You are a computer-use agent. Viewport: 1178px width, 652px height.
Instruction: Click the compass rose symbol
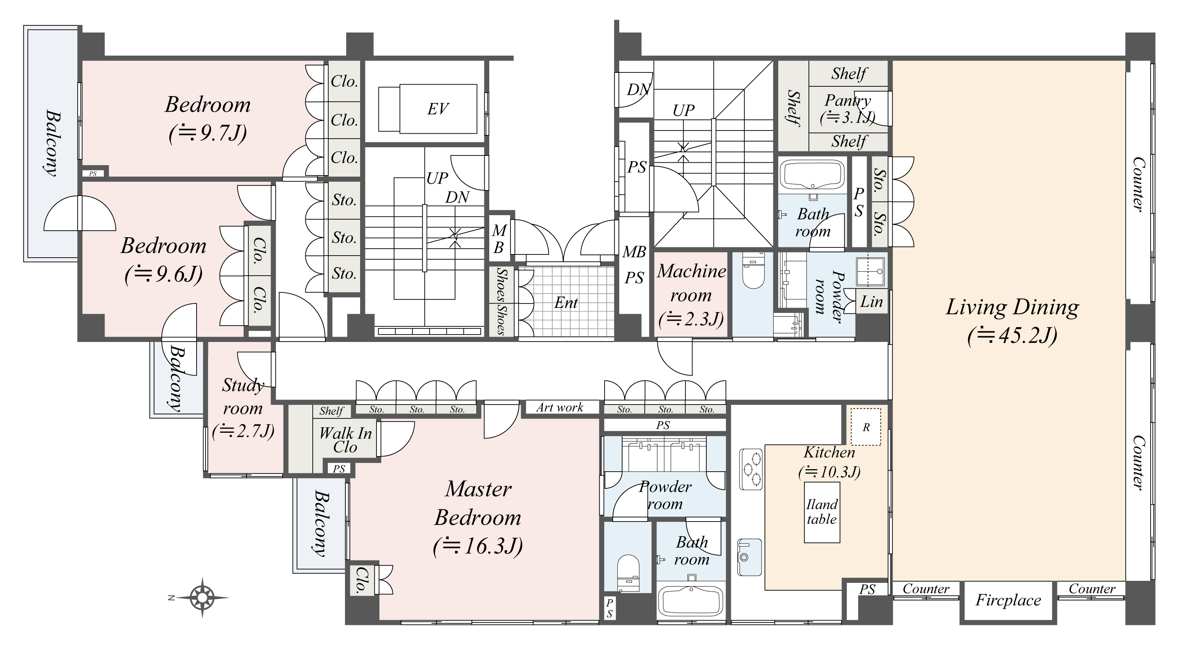(202, 597)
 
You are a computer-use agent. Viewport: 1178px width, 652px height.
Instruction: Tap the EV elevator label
(438, 109)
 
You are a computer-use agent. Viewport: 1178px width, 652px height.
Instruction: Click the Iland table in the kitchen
(822, 512)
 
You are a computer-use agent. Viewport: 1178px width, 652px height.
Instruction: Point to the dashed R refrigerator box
(866, 427)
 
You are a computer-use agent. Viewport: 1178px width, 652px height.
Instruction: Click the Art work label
(560, 407)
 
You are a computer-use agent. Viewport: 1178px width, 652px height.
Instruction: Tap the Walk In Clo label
(345, 440)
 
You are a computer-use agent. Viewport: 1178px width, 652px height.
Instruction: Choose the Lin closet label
(871, 301)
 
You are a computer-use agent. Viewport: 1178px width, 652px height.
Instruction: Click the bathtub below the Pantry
(813, 174)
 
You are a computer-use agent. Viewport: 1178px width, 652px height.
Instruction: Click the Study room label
(242, 396)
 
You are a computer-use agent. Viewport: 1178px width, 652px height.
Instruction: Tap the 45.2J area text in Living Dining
(1012, 336)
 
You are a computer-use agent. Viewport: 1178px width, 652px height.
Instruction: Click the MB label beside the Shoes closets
(499, 239)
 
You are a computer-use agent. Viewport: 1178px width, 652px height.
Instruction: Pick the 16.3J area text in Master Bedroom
(478, 546)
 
